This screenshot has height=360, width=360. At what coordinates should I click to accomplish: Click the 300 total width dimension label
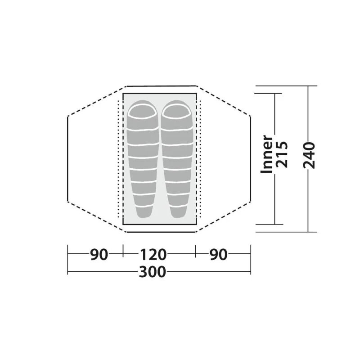(x=153, y=272)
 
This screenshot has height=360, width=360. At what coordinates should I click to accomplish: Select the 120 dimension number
(x=153, y=255)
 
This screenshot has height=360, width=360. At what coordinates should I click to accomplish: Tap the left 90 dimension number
(x=99, y=255)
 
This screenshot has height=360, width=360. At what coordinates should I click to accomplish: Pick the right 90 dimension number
(x=218, y=255)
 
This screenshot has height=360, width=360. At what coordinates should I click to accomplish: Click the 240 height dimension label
(x=309, y=155)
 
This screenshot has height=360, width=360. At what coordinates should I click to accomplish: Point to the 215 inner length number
(x=282, y=154)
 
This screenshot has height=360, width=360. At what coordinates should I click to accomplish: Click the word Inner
(x=267, y=154)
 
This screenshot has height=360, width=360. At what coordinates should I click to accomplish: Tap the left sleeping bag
(x=143, y=159)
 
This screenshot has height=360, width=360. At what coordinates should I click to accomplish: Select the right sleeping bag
(x=177, y=159)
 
